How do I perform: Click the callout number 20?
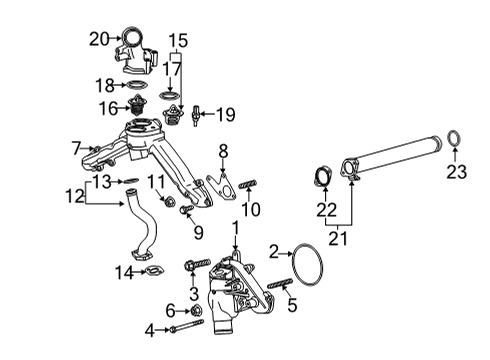click(98, 39)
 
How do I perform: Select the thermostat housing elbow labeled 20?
click(136, 51)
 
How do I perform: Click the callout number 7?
click(76, 148)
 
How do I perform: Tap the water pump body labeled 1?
click(235, 285)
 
